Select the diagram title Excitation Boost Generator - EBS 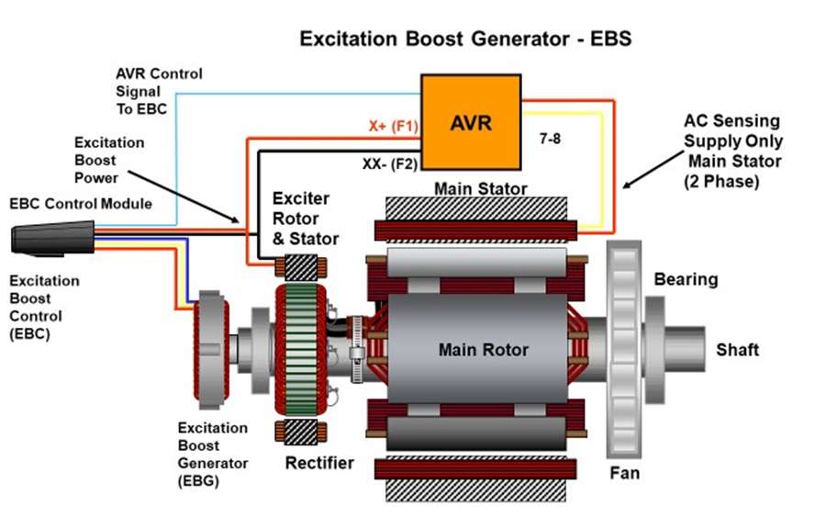(466, 40)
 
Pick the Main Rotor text (483, 350)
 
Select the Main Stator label (480, 190)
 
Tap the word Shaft (737, 350)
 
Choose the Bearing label (686, 279)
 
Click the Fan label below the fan (624, 474)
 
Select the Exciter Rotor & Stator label (306, 219)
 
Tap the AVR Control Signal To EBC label (159, 91)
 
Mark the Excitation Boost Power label (109, 161)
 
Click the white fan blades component (623, 350)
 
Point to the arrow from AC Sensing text (650, 166)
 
